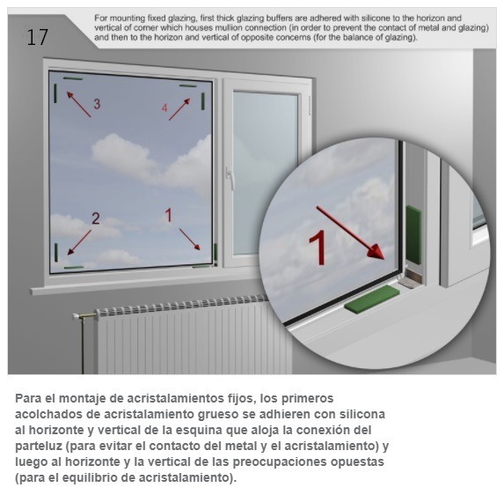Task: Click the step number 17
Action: (37, 37)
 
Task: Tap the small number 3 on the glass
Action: (97, 104)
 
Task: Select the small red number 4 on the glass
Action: (164, 107)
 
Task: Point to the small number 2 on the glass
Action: (96, 218)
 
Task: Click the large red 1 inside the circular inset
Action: (318, 248)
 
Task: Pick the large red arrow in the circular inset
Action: (351, 233)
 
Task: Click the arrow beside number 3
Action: (78, 104)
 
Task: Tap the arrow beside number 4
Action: (179, 109)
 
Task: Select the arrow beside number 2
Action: (79, 242)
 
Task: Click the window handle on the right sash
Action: (229, 177)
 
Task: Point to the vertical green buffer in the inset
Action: (413, 235)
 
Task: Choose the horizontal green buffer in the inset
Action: (372, 298)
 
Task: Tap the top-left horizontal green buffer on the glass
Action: (73, 78)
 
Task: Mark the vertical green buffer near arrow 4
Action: (203, 101)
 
